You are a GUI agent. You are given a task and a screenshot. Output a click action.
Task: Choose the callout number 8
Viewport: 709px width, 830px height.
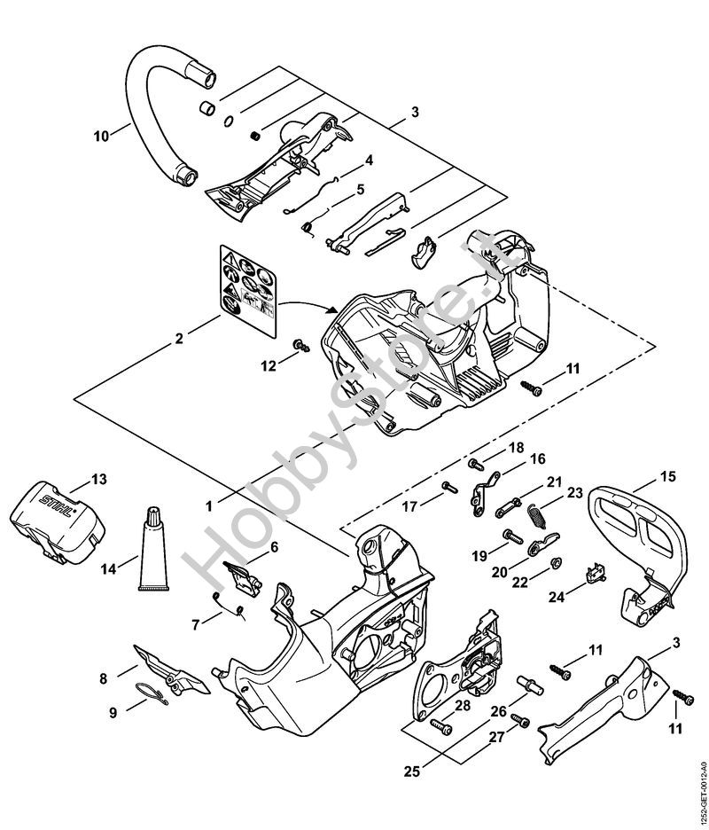(x=104, y=678)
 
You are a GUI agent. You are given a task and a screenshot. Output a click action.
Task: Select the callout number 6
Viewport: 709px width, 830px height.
(x=274, y=547)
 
